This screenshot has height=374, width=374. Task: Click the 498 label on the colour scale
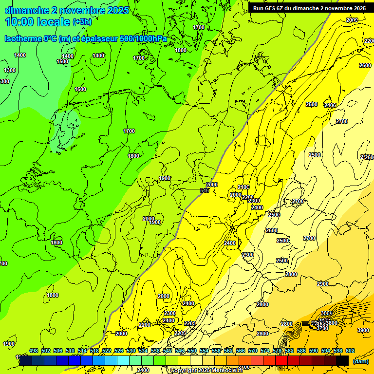(34, 351)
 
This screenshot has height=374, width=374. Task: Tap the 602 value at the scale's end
(350, 351)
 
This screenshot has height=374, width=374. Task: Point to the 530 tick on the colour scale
(131, 351)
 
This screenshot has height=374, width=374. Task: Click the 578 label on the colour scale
(277, 351)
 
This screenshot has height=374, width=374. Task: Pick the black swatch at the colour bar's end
(342, 360)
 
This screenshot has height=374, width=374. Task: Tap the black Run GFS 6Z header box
(310, 8)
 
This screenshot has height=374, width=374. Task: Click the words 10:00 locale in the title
(37, 21)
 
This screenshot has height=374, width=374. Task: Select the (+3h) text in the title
(82, 22)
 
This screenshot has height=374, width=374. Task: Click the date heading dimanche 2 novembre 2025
(67, 10)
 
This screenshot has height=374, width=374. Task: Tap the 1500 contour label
(62, 61)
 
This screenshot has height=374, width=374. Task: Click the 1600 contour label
(80, 89)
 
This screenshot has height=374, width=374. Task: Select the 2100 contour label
(243, 187)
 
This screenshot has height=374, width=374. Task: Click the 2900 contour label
(323, 284)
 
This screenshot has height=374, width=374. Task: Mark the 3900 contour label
(363, 330)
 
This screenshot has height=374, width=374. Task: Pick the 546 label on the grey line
(205, 190)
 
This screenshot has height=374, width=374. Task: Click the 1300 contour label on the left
(10, 70)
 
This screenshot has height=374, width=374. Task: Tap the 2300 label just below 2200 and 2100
(254, 201)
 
